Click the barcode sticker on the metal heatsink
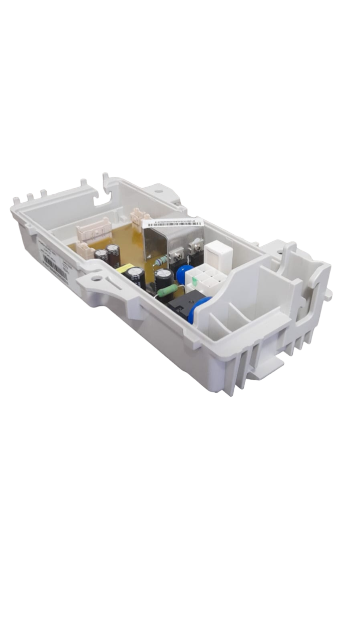pyautogui.click(x=172, y=223)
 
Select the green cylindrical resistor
pyautogui.click(x=167, y=291)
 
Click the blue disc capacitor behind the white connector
pyautogui.click(x=184, y=273)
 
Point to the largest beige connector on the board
pyautogui.click(x=94, y=230)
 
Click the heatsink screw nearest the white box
pyautogui.click(x=196, y=246)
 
